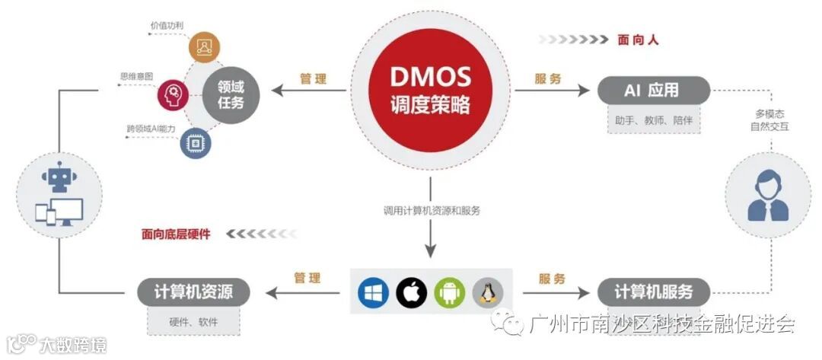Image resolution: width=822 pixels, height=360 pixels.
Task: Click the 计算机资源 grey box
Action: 193,291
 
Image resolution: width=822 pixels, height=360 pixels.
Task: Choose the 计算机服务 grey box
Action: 654,292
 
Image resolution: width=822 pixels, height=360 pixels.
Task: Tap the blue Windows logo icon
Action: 371,292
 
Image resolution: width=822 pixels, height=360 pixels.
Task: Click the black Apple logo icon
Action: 411,292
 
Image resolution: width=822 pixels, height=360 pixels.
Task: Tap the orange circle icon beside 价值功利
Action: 204,48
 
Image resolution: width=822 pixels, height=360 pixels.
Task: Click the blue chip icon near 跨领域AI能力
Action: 196,142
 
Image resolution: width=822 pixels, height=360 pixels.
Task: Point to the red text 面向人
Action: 638,40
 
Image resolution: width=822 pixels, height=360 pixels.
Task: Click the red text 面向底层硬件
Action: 176,234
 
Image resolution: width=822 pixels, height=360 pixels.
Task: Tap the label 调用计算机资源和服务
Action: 432,210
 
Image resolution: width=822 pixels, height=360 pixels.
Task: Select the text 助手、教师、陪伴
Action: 654,120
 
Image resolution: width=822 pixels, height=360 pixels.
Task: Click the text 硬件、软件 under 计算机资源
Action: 193,321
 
